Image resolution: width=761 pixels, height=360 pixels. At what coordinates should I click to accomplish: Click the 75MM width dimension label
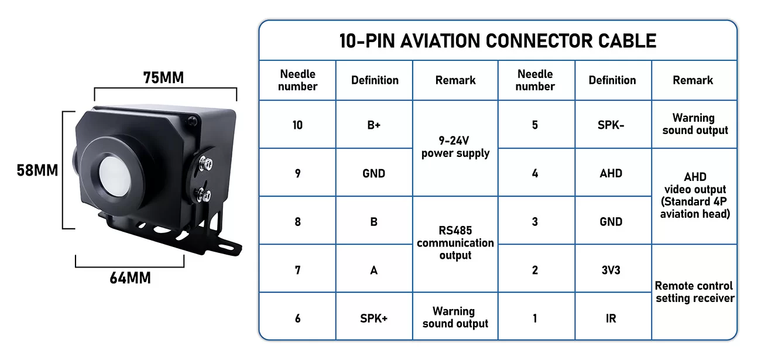163,77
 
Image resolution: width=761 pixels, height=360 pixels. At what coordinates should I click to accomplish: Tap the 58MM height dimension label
37,170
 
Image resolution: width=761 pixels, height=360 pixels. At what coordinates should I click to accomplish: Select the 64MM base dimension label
130,278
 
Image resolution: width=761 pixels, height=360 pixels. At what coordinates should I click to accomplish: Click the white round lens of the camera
115,177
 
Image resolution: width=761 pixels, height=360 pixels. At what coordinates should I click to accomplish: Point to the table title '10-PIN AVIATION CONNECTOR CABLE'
498,41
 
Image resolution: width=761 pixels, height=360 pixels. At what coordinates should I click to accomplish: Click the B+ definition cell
374,125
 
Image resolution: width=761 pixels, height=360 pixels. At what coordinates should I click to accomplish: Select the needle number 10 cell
297,125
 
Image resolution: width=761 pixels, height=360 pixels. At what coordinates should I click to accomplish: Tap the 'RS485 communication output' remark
455,243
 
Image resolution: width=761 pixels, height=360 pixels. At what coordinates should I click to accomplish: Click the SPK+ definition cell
374,318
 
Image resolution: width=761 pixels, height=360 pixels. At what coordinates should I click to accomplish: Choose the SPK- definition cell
611,125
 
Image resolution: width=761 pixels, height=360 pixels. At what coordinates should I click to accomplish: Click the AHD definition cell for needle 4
611,173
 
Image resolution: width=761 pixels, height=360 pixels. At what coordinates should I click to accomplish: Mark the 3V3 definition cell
611,270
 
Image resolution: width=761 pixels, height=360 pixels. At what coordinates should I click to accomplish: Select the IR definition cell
611,318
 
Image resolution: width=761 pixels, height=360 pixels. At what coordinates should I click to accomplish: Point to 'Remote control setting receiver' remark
695,292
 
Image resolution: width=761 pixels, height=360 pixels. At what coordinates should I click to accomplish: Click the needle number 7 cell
297,270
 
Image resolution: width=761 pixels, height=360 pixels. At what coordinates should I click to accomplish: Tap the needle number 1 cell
535,318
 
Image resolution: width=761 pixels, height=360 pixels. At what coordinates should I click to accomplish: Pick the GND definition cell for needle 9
374,173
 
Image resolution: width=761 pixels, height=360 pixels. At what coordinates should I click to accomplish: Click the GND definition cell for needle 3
611,222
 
